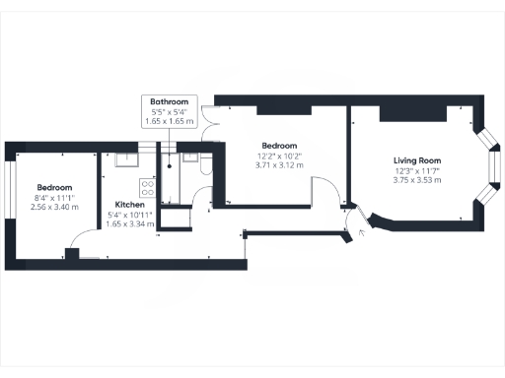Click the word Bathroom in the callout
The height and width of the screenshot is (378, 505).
[170, 101]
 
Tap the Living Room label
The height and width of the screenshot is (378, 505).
[416, 159]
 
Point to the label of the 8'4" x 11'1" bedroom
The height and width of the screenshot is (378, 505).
[54, 188]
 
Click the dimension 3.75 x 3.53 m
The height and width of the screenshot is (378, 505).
[416, 180]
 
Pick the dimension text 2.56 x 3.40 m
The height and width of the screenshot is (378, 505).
[54, 208]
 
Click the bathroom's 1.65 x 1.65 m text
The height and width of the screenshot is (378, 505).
[170, 120]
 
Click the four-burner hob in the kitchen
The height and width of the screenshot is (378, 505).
[149, 184]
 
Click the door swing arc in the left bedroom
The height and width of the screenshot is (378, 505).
[87, 236]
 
